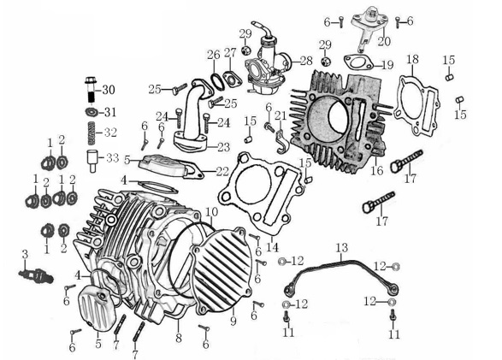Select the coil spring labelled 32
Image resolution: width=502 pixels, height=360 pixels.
click(x=90, y=133)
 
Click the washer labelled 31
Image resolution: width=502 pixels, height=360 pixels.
click(x=90, y=112)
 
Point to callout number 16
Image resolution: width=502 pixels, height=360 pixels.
click(x=375, y=171)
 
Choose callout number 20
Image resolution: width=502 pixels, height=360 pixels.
click(x=383, y=40)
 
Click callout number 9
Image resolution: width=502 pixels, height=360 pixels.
click(x=231, y=321)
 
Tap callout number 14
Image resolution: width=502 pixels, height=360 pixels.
click(x=272, y=247)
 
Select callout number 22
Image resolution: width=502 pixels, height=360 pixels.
click(x=222, y=171)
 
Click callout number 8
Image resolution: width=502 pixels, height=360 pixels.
click(x=178, y=339)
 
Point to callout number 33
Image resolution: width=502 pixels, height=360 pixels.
click(x=111, y=157)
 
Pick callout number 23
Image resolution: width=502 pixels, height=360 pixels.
click(x=223, y=147)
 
